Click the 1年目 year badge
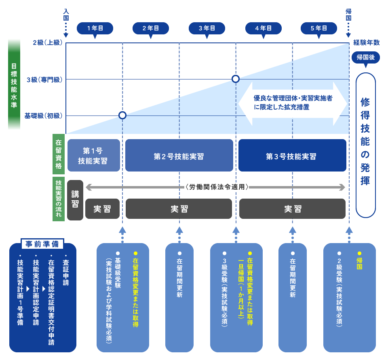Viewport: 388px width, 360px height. [x=95, y=28]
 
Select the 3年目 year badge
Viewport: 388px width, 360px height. [x=207, y=28]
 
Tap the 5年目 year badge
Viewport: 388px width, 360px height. [x=318, y=28]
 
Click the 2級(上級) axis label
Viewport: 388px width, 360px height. [x=47, y=42]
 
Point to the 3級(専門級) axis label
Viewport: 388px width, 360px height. [x=44, y=79]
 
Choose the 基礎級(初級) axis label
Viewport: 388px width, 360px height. [x=43, y=116]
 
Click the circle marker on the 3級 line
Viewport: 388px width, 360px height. [x=236, y=79]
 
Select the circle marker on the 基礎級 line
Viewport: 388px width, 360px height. [x=122, y=115]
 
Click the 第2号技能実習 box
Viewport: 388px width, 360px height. [x=179, y=156]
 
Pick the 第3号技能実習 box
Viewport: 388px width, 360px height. [x=292, y=156]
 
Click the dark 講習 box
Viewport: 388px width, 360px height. [x=75, y=200]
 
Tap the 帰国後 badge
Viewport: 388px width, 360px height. [x=365, y=57]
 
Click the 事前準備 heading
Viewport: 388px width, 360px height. [x=42, y=244]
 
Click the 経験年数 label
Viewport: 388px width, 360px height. [x=366, y=42]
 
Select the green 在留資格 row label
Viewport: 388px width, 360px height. [x=59, y=154]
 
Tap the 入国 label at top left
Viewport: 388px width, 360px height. [x=66, y=15]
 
